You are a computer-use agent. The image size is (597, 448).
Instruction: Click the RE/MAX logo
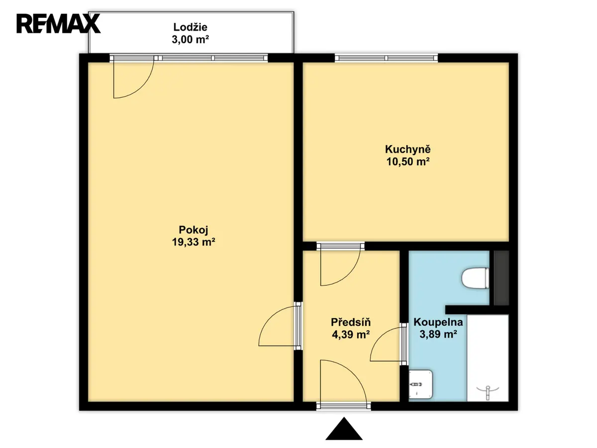point(58,24)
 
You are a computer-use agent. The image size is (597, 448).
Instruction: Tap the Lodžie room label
point(190,27)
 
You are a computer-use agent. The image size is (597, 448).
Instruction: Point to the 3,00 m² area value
point(190,39)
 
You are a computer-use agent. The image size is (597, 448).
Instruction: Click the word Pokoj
point(194,230)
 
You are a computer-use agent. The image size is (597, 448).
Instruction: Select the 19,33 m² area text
point(194,242)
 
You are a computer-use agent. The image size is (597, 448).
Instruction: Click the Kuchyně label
point(407,150)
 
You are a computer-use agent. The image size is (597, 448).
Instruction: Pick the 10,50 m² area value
point(407,162)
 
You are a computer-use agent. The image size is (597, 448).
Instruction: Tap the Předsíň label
point(351,322)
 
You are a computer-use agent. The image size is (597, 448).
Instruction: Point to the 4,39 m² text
point(351,335)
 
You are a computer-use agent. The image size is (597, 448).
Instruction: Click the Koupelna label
point(438,322)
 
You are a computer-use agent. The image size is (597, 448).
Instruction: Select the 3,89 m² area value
point(438,334)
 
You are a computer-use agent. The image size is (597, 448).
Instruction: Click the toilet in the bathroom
point(475,278)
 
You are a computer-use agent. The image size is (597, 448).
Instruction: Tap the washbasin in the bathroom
point(420,384)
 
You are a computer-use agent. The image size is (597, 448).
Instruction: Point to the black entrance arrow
point(344,429)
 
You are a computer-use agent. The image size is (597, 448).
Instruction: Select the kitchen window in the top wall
point(386,58)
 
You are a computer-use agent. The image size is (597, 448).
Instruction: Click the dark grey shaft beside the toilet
point(501,278)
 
